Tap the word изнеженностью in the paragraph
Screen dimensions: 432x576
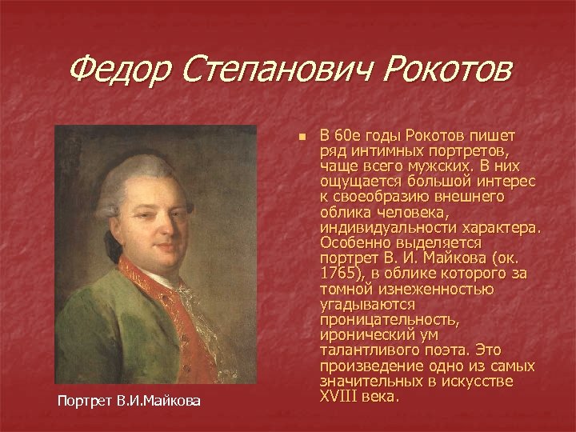(x=425, y=289)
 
